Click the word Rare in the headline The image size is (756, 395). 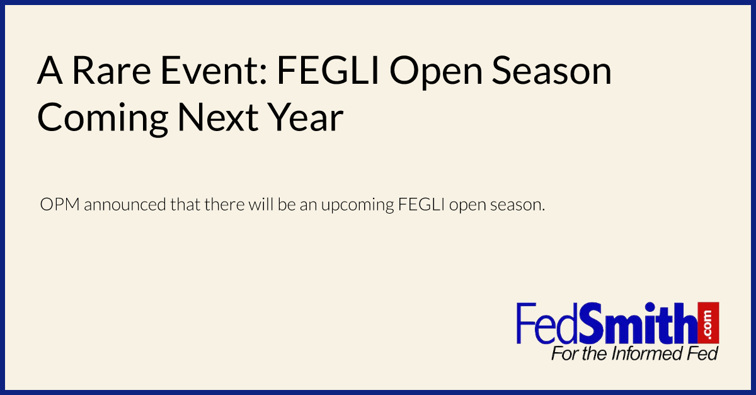pos(112,71)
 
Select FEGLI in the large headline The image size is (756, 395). pos(328,71)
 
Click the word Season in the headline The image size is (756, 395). pos(552,71)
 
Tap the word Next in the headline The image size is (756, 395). pos(218,117)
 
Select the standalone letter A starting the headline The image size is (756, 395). pos(50,71)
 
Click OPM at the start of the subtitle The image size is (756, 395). pos(60,204)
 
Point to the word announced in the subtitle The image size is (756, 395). pos(125,204)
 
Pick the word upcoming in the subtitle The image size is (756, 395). pos(357,206)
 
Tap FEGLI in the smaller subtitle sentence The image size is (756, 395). pos(421,204)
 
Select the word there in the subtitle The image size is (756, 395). pos(224,204)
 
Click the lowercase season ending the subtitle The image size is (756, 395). pos(517,205)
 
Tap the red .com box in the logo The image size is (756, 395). pos(708,323)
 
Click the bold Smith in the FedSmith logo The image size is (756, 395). pos(638,323)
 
